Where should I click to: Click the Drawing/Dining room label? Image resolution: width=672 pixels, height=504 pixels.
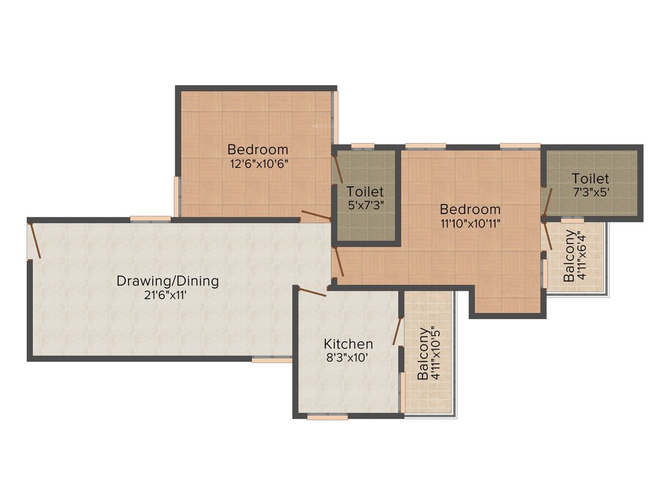click(x=167, y=281)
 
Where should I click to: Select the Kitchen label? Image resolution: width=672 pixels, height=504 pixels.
click(x=348, y=344)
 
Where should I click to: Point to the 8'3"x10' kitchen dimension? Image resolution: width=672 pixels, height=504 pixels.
click(x=348, y=358)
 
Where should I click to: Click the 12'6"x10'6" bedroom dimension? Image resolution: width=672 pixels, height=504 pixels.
click(x=257, y=163)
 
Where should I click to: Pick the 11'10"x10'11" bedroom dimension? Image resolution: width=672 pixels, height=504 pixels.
click(x=470, y=224)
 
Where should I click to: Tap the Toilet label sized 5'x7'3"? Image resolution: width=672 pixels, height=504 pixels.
click(x=365, y=192)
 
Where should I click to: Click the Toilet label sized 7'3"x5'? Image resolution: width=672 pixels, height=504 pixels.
click(x=590, y=178)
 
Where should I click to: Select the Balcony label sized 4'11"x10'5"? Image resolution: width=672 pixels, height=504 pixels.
click(x=424, y=354)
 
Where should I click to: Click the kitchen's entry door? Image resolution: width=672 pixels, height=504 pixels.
click(x=312, y=292)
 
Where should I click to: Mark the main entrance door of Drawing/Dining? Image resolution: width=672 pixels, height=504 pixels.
click(x=36, y=240)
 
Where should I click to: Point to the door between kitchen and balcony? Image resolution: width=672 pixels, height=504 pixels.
click(x=397, y=331)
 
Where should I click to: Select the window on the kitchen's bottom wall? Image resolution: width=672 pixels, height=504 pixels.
click(x=327, y=416)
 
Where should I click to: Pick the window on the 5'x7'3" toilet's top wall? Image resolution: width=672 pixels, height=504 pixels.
click(x=362, y=146)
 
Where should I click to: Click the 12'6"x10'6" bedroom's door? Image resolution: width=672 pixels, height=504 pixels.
click(x=315, y=215)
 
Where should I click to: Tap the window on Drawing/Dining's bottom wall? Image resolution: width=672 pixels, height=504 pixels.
click(x=271, y=360)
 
